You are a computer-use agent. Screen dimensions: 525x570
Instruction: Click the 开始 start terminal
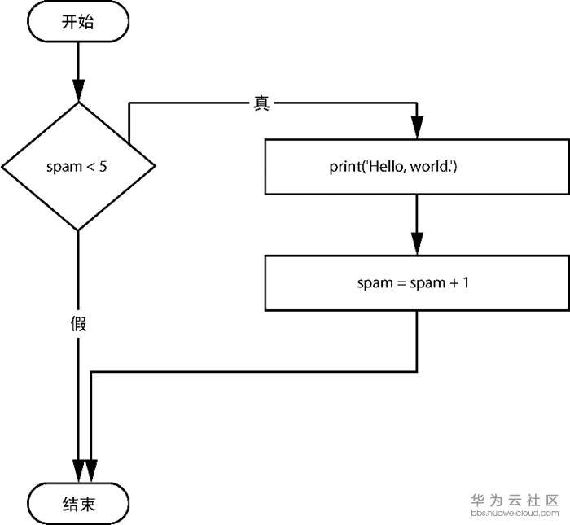[78, 22]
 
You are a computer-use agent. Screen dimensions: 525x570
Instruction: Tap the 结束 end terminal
[78, 504]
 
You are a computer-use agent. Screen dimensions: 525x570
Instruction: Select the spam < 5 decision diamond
[78, 167]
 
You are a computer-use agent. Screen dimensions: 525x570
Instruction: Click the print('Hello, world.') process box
[417, 167]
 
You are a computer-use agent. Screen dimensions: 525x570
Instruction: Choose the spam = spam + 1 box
[417, 283]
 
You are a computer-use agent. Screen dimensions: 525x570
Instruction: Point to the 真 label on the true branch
[261, 104]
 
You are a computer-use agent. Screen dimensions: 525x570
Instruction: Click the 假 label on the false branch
[78, 324]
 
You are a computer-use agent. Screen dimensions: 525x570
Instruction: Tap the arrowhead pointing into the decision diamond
[78, 90]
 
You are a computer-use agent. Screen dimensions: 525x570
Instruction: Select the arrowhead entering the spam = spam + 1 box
[417, 243]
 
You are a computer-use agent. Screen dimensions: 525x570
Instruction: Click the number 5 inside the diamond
[103, 167]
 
